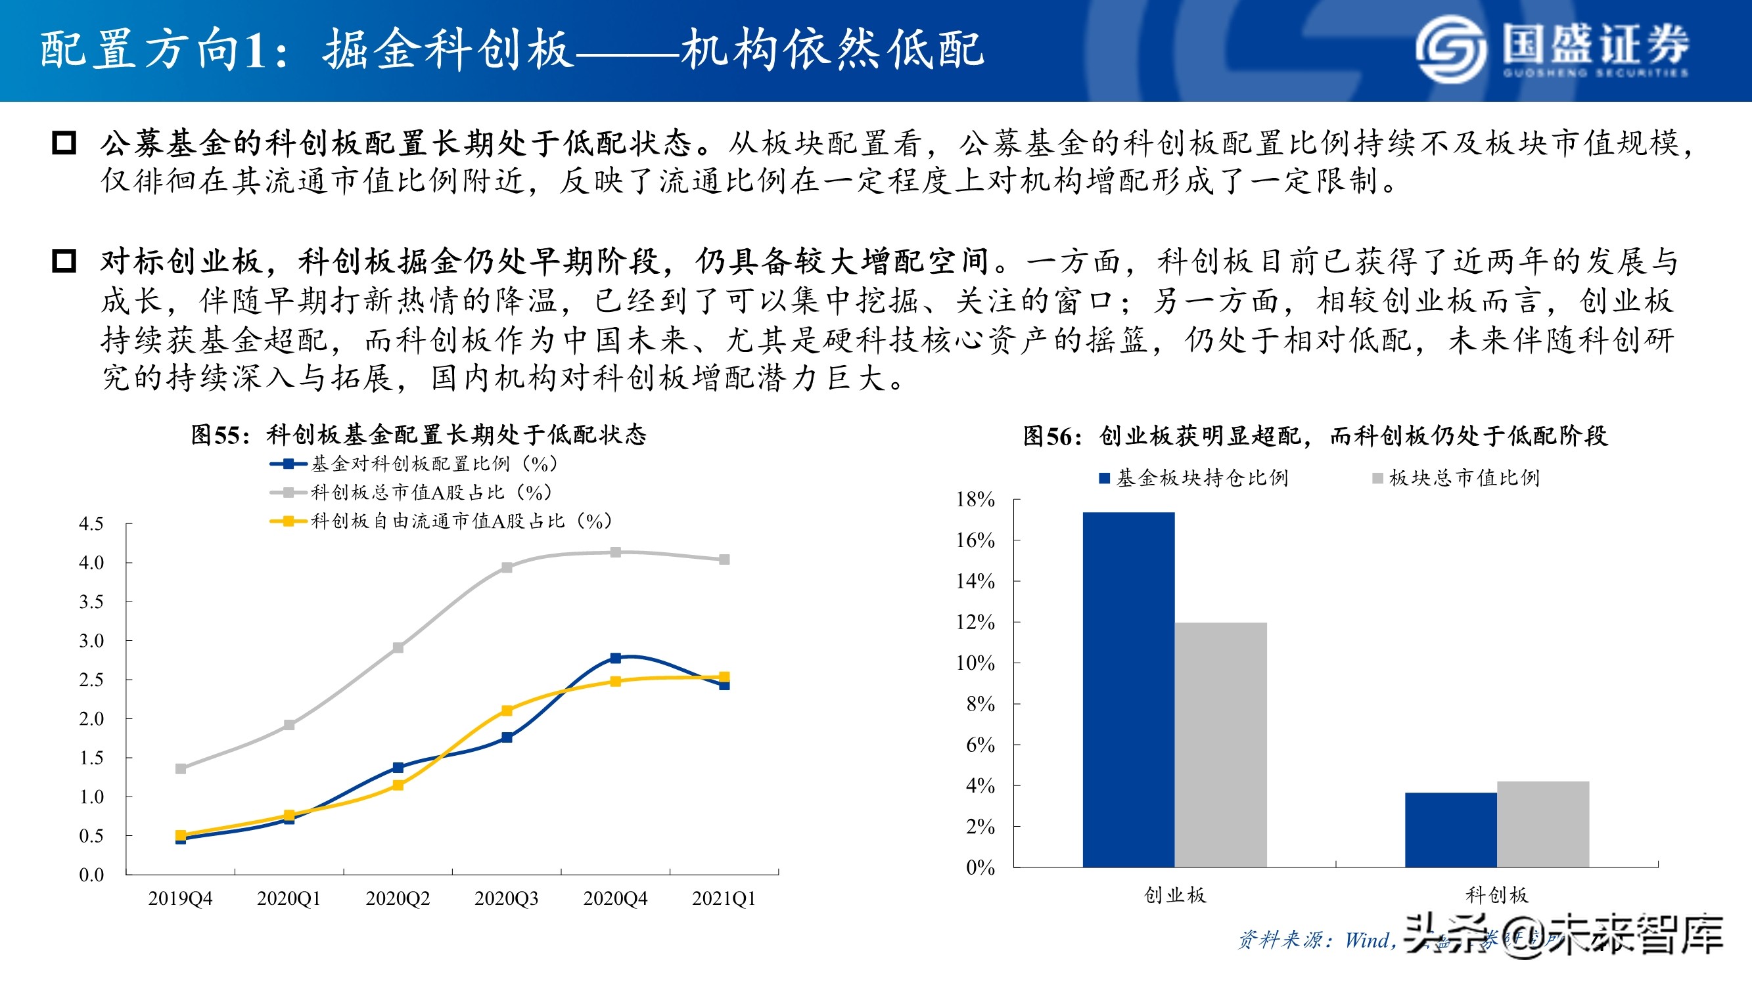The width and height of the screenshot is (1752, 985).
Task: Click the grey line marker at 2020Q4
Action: coord(616,552)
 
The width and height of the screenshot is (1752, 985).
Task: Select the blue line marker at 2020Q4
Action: coord(616,657)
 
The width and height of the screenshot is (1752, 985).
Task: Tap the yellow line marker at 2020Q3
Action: coord(507,711)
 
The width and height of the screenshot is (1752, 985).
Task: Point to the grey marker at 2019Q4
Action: coord(181,769)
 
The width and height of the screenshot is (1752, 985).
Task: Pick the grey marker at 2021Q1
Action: coord(724,559)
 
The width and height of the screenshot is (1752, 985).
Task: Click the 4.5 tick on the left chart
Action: coord(91,524)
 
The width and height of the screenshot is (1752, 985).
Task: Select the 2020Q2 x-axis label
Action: coord(398,899)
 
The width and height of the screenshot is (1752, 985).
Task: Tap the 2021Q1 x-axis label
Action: coord(724,899)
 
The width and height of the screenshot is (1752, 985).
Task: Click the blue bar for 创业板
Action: coord(1128,690)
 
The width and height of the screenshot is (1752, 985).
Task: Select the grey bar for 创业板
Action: coord(1220,745)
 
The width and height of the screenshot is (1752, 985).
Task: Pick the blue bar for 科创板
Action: coord(1451,829)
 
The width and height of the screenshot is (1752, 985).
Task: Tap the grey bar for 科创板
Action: coord(1542,824)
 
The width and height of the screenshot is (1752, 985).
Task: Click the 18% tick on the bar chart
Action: coord(975,500)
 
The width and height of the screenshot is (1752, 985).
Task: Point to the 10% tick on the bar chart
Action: coord(975,663)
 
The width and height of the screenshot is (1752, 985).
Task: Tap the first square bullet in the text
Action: coord(64,142)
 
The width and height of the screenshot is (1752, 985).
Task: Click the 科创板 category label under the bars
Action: coord(1496,894)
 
